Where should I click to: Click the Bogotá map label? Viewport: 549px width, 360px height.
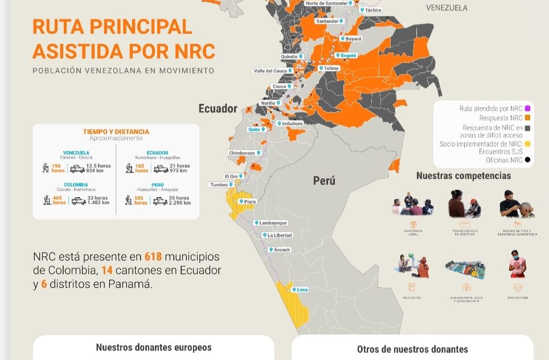[346, 56]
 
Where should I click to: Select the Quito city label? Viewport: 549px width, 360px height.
[255, 129]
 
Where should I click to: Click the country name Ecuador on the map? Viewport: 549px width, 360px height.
[218, 108]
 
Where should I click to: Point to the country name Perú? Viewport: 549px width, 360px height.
[324, 181]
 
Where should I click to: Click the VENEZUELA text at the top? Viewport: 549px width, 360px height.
[446, 8]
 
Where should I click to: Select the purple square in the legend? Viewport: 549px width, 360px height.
[527, 108]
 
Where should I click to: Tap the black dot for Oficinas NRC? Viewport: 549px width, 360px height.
[527, 160]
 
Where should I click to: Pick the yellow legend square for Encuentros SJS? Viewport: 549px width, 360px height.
[527, 144]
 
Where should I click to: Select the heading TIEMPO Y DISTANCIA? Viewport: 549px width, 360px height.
[116, 132]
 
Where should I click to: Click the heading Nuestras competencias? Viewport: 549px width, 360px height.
[463, 175]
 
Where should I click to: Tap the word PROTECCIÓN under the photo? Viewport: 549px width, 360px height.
[517, 297]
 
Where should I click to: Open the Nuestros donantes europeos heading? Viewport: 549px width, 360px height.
[154, 347]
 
